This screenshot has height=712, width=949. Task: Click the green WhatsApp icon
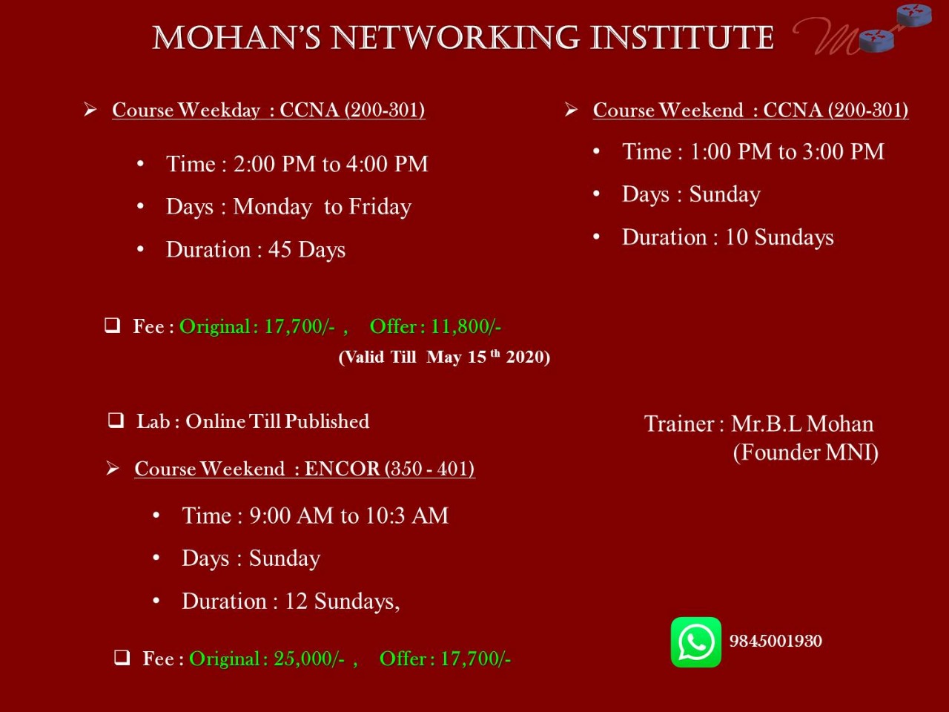click(695, 642)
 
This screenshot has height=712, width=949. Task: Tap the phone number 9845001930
click(776, 641)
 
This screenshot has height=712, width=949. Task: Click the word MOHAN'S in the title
click(237, 38)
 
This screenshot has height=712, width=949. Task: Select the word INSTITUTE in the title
click(682, 38)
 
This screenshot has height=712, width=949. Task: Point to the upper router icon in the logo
click(913, 15)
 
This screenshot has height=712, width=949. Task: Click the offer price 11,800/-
click(466, 326)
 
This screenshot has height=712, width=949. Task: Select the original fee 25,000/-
click(309, 659)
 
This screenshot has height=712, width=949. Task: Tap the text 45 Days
click(307, 250)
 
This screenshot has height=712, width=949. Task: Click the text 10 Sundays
click(779, 237)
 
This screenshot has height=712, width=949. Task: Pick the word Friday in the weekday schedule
click(380, 207)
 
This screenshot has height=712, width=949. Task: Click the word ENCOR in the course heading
click(342, 469)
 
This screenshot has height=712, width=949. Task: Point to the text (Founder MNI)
click(805, 452)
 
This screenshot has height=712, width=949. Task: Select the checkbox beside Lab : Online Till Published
click(116, 421)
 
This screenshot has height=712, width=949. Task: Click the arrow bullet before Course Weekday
click(90, 110)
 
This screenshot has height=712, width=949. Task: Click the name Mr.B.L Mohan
click(802, 424)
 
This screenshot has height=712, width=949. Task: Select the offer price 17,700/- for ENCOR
click(475, 659)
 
